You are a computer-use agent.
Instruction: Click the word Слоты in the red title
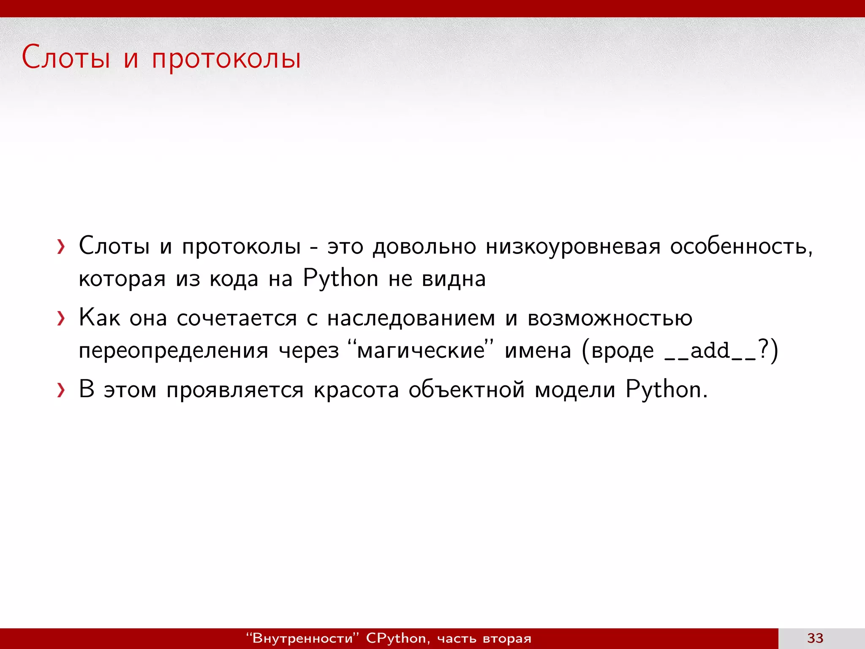coord(66,57)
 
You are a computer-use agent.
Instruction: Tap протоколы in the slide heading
coord(226,59)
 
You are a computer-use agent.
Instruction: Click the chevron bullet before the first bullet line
coord(61,246)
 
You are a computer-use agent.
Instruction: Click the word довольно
coord(424,246)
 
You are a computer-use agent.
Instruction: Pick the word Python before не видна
coord(340,279)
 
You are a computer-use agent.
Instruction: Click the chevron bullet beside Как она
coord(61,318)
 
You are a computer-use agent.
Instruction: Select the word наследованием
coord(411,318)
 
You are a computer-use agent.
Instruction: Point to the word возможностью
coord(610,318)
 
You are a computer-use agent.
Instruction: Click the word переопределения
coord(174,351)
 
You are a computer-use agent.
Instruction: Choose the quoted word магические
coord(421,350)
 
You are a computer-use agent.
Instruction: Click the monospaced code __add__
coord(710,351)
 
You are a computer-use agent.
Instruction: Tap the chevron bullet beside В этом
coord(61,390)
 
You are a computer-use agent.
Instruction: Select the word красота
coord(356,390)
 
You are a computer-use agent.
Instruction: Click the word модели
coord(575,390)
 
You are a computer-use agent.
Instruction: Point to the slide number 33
coord(815,638)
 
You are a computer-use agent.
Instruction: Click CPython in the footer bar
coord(396,638)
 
